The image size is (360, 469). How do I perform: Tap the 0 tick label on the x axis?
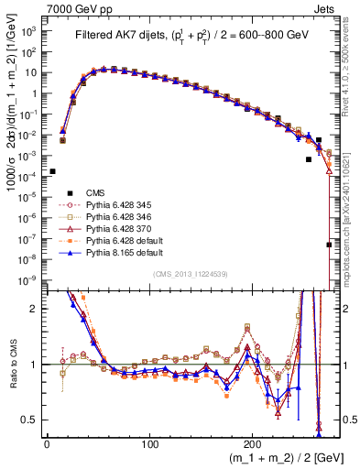coord(47,442)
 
